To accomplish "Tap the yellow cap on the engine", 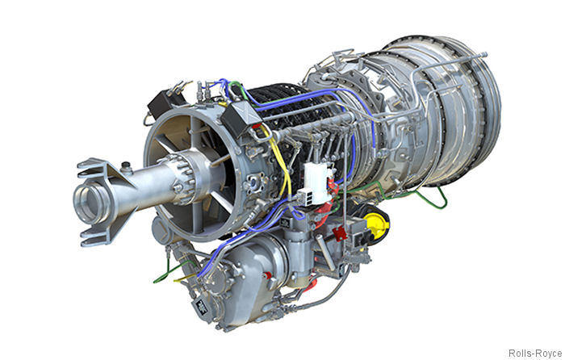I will point(375,224).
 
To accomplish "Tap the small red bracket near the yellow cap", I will point(339,233).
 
